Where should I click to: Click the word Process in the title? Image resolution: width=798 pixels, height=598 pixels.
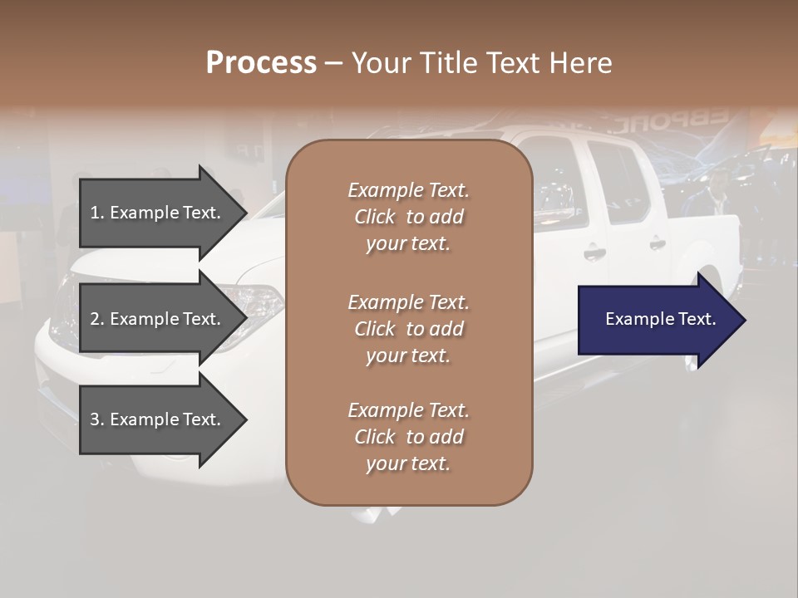[x=261, y=63]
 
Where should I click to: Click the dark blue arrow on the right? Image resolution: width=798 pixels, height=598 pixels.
[x=661, y=320]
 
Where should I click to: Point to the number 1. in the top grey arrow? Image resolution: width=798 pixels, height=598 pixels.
[x=97, y=213]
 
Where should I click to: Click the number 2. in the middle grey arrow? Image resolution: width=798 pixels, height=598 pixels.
[x=97, y=319]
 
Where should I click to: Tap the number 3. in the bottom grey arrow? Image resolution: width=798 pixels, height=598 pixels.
[x=97, y=419]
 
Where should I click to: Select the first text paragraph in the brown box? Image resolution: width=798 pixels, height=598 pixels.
[x=408, y=217]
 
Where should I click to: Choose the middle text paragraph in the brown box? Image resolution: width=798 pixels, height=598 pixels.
[x=408, y=328]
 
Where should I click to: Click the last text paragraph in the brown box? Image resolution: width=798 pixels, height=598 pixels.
[x=408, y=437]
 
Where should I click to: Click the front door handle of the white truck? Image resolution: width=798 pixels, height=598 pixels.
[x=594, y=252]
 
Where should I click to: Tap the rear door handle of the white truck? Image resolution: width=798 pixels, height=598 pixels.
[x=657, y=244]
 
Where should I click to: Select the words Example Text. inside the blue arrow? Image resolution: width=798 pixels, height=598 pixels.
[x=661, y=320]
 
